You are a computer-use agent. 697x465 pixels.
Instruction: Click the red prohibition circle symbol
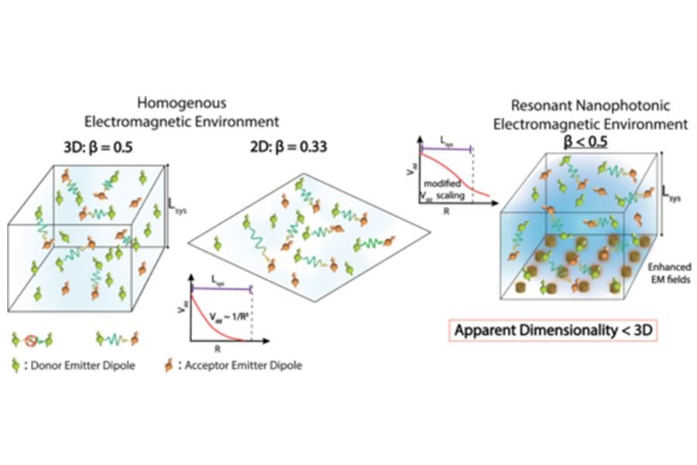33,339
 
